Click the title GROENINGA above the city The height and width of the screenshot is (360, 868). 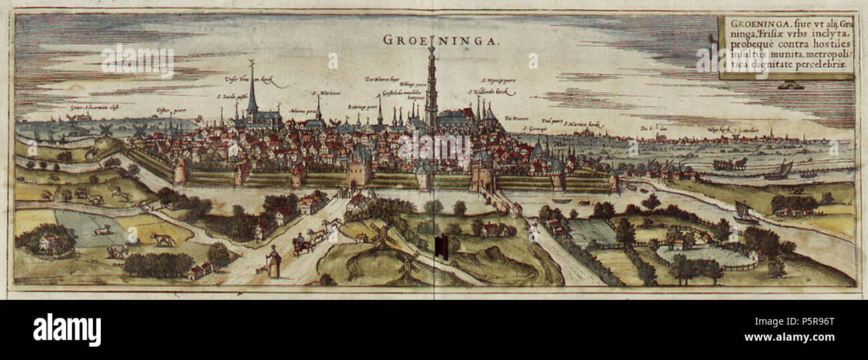pyautogui.click(x=441, y=40)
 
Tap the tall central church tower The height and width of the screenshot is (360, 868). pyautogui.click(x=431, y=90)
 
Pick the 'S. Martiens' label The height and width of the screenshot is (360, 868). pyautogui.click(x=323, y=94)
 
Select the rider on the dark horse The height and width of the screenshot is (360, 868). pyautogui.click(x=302, y=244)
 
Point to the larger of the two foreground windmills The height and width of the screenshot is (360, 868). pyautogui.click(x=381, y=235)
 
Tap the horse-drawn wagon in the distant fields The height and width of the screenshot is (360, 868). pyautogui.click(x=729, y=164)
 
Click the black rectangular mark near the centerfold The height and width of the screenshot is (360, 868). pyautogui.click(x=441, y=246)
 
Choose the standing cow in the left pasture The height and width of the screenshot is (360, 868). pyautogui.click(x=162, y=239)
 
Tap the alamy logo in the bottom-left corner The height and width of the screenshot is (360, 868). pyautogui.click(x=67, y=329)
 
